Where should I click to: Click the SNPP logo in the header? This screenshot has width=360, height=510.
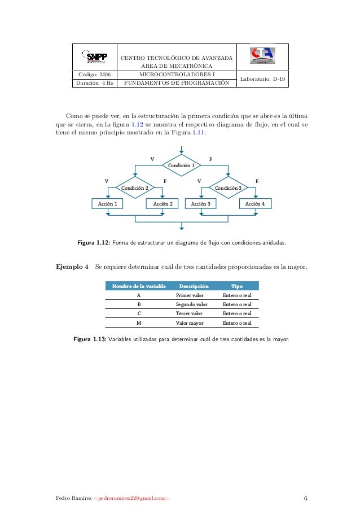click(x=94, y=57)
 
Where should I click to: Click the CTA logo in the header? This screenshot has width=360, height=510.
click(x=262, y=56)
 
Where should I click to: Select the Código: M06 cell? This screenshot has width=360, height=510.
click(x=94, y=74)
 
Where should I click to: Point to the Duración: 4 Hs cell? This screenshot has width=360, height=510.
click(x=94, y=83)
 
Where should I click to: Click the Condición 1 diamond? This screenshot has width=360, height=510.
click(x=182, y=165)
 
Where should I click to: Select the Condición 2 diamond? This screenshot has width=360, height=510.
click(x=135, y=187)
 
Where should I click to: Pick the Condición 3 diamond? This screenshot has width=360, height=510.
click(x=228, y=187)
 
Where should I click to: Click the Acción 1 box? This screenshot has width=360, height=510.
click(x=108, y=203)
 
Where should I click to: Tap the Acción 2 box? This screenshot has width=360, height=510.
click(x=163, y=203)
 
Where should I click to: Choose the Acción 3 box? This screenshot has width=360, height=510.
click(x=200, y=203)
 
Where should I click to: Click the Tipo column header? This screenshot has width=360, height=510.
click(x=237, y=286)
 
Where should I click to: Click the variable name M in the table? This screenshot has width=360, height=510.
click(x=139, y=323)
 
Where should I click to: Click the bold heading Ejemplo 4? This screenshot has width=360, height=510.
click(x=72, y=267)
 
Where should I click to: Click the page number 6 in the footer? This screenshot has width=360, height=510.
click(x=305, y=498)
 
